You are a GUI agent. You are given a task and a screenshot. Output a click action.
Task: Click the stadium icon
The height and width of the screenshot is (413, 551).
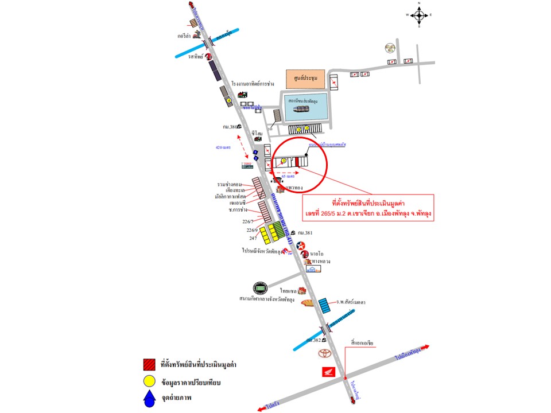coord(259,288)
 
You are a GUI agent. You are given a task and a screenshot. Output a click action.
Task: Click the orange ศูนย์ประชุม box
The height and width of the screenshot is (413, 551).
coord(305,79)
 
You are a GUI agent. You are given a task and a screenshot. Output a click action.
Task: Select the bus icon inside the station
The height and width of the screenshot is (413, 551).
coord(301,109)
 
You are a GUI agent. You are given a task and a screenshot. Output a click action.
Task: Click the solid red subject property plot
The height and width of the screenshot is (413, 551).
coord(297,161)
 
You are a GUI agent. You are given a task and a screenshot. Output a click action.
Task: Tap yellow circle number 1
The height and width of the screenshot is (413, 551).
coord(284,161)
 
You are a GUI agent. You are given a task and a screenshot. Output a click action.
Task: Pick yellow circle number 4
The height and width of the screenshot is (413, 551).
coord(228,100)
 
